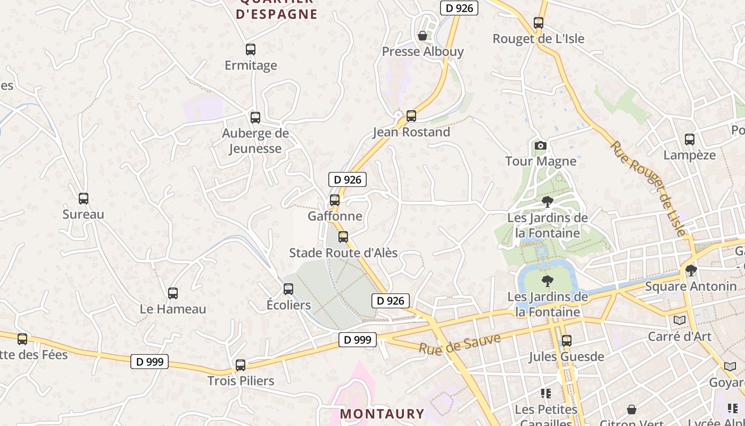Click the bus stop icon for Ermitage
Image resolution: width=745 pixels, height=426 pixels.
point(251,50)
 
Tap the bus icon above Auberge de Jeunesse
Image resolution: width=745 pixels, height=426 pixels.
point(255,118)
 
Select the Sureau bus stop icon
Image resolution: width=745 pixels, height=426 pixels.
point(84,199)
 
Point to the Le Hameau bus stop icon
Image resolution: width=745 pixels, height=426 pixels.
point(173,293)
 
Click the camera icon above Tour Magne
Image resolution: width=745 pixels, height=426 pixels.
point(541,145)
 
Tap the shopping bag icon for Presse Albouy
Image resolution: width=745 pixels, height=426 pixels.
point(423,36)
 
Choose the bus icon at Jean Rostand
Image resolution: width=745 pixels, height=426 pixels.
point(411,116)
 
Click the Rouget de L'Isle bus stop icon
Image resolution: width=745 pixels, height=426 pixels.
point(539,23)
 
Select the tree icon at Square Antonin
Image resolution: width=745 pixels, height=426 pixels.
point(691,271)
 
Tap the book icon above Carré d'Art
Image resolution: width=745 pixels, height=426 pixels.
point(680,320)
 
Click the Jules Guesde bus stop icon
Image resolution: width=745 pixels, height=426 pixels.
point(567,341)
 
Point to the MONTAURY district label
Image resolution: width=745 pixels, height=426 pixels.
point(382,414)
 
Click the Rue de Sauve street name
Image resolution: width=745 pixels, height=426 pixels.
point(460,345)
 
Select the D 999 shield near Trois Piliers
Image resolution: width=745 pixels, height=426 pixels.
point(150,362)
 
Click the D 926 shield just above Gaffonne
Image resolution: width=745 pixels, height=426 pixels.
point(347,180)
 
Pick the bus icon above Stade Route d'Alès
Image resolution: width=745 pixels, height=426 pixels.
point(343,237)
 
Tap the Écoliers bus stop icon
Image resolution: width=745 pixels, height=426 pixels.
point(288,289)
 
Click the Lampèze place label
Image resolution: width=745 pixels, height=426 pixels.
point(689,155)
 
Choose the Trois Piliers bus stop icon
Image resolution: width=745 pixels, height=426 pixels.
point(241,365)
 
